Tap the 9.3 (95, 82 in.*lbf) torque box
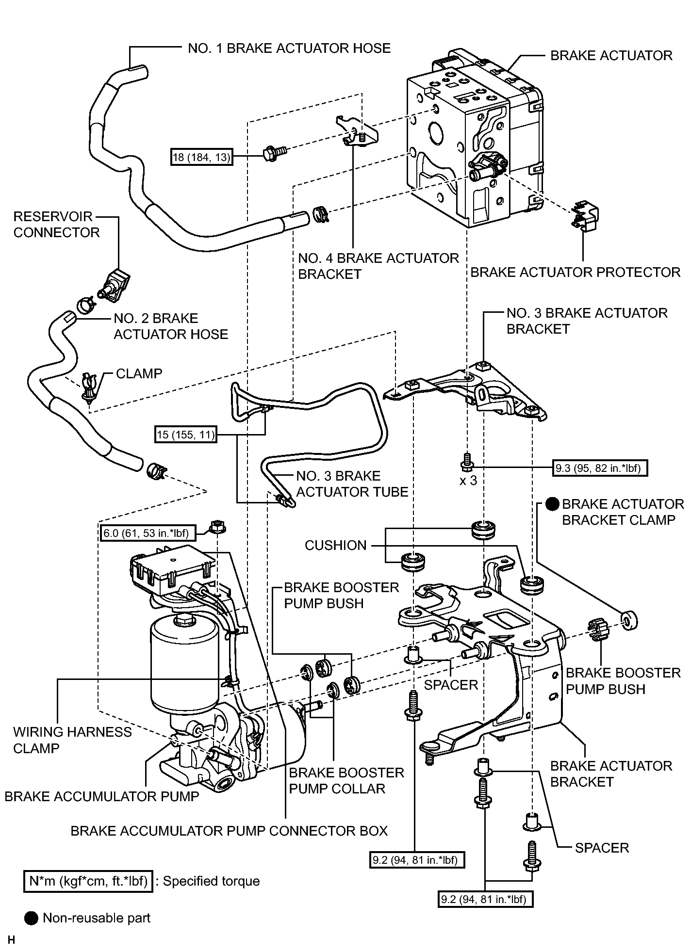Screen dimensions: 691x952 click(601, 468)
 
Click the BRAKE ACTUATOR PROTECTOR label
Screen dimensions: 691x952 click(576, 272)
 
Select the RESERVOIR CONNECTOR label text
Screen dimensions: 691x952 click(56, 224)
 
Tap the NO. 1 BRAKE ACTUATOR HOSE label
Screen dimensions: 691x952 click(289, 48)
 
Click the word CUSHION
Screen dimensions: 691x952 click(335, 545)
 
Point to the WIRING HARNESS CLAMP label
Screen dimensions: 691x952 click(72, 740)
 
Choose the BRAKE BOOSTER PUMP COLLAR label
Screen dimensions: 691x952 click(346, 780)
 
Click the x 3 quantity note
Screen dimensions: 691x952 click(468, 481)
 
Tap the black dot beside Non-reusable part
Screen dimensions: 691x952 click(31, 918)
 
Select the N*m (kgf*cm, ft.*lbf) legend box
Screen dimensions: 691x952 click(88, 881)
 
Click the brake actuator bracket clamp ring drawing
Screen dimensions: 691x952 click(629, 620)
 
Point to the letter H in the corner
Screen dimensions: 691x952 click(11, 940)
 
